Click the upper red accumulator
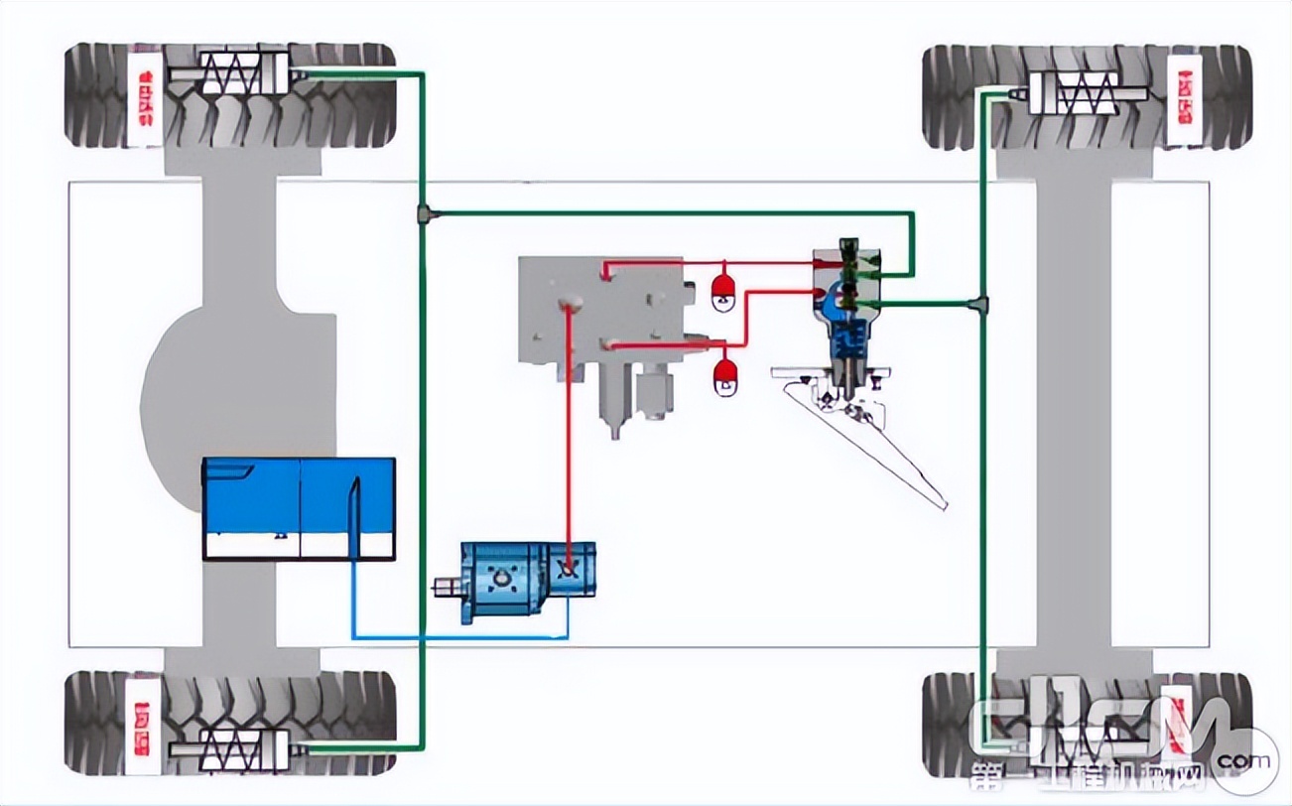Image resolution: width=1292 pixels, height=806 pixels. (724, 289)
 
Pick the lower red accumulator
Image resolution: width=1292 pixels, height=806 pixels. (725, 374)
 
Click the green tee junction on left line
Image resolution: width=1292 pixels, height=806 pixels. (423, 213)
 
